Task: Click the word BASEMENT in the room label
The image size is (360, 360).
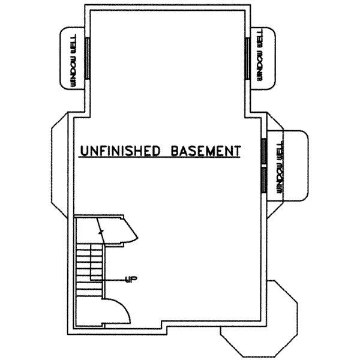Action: (x=205, y=150)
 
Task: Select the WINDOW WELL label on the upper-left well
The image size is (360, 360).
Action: (x=73, y=58)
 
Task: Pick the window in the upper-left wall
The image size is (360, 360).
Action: (x=88, y=58)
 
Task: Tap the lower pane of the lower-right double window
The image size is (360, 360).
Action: (x=263, y=179)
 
